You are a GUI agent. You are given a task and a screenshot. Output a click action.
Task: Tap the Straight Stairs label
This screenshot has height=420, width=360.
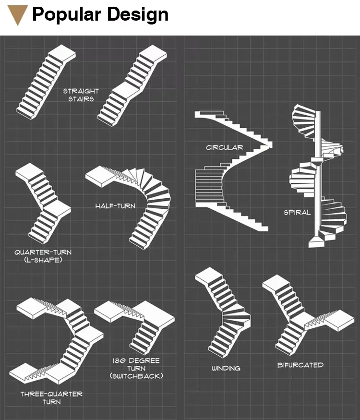[81, 95]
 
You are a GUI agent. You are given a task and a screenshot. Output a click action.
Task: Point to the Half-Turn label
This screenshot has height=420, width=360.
[115, 206]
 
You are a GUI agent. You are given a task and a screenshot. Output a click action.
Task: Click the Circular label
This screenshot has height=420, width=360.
[224, 147]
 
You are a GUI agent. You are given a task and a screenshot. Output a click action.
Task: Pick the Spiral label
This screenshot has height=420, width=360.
[297, 212]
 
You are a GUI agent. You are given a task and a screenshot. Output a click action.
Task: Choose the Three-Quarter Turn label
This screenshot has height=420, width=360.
[51, 397]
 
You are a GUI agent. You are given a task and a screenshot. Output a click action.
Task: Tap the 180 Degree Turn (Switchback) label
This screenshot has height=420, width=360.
[136, 368]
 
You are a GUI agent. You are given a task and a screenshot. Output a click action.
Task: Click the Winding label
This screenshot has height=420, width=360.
[226, 368]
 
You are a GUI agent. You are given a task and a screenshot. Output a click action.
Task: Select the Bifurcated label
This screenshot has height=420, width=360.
[300, 365]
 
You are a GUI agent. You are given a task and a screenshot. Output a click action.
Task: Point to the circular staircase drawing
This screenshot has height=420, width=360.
[233, 173]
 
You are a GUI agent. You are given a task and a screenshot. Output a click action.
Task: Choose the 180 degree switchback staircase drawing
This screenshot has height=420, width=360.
[137, 322]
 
